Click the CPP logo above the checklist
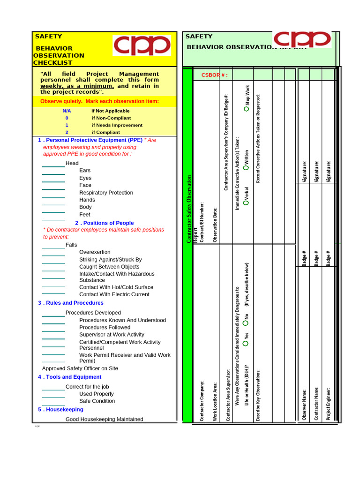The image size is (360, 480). (142, 45)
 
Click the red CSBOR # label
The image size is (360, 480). (214, 75)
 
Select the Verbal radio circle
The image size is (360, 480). (247, 202)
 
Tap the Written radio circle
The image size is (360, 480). (247, 167)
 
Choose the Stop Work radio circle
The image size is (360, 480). (247, 109)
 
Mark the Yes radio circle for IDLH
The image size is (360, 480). (246, 344)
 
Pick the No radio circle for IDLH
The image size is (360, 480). (246, 323)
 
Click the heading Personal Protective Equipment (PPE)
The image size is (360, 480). (94, 140)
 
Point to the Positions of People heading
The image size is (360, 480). (108, 223)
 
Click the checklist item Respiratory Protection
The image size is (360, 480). (106, 193)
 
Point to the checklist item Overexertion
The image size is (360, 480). (95, 252)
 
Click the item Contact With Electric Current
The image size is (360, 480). (114, 294)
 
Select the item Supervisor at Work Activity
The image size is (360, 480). (112, 335)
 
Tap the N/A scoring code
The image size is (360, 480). (67, 111)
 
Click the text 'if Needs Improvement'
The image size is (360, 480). (117, 125)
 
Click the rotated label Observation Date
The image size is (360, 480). (215, 225)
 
